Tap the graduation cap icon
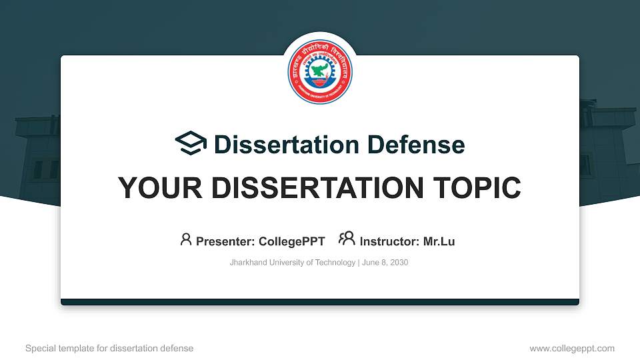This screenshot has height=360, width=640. pyautogui.click(x=191, y=144)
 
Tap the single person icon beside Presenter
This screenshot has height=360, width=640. pyautogui.click(x=186, y=239)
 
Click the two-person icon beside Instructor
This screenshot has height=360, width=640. pyautogui.click(x=347, y=239)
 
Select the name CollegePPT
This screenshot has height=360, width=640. pyautogui.click(x=293, y=241)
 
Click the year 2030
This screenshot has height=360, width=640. pyautogui.click(x=399, y=263)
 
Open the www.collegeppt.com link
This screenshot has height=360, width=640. pyautogui.click(x=572, y=348)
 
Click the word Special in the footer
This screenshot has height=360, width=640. pyautogui.click(x=39, y=348)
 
